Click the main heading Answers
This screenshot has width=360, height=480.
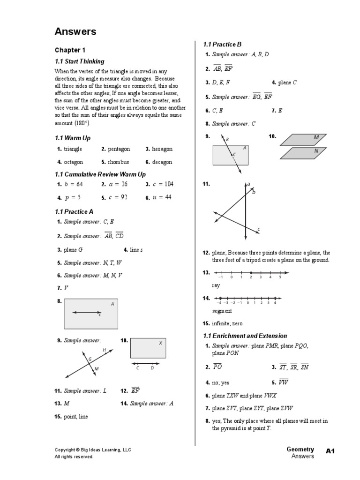click(75, 32)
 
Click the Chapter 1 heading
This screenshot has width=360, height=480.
click(70, 50)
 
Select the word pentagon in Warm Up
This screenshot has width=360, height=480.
click(119, 149)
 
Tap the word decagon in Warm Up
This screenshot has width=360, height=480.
click(162, 162)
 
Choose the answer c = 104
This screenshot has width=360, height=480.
click(163, 184)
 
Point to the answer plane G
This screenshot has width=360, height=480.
click(73, 250)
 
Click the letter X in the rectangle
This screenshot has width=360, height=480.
click(160, 343)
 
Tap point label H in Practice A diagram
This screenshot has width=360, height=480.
click(104, 350)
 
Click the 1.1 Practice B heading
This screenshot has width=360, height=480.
click(222, 45)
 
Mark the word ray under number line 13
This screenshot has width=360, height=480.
click(216, 285)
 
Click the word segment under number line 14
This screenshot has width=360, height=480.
click(222, 311)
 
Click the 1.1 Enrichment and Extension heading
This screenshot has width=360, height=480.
click(245, 336)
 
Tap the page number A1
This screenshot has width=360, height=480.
click(331, 451)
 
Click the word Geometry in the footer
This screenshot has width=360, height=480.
click(300, 450)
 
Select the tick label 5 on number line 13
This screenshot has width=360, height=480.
click(280, 277)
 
